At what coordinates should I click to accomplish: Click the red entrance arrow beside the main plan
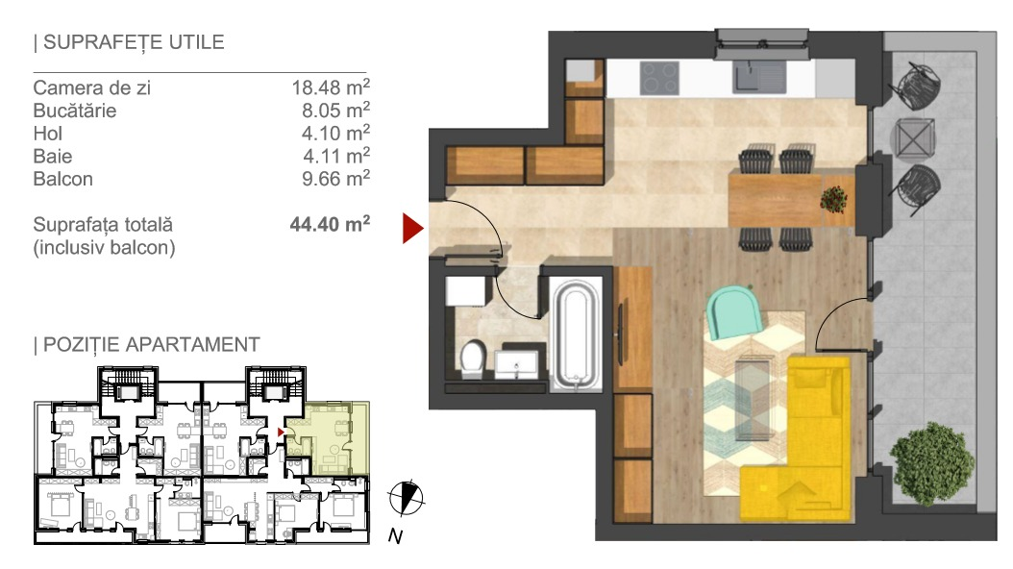click(411, 228)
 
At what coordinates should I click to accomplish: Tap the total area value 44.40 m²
click(330, 223)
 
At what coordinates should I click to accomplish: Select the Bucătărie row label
click(75, 111)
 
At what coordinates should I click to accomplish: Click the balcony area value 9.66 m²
click(336, 178)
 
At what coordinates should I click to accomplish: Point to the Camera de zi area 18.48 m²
click(331, 87)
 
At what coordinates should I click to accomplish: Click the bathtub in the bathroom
click(577, 334)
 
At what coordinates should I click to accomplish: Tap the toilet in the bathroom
click(473, 359)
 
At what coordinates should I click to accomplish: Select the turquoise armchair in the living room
click(734, 312)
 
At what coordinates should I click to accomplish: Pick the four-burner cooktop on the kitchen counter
click(659, 78)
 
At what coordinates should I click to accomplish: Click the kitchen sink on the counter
click(759, 78)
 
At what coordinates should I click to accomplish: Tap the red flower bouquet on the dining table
click(833, 200)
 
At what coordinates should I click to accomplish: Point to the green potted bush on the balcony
click(931, 463)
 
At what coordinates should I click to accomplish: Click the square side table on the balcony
click(913, 138)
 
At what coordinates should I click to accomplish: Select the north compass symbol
click(406, 499)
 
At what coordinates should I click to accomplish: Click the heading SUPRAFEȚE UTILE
click(134, 42)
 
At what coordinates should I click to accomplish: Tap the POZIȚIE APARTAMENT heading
click(151, 344)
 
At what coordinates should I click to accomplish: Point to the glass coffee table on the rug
click(754, 400)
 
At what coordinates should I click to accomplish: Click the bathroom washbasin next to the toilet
click(516, 364)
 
